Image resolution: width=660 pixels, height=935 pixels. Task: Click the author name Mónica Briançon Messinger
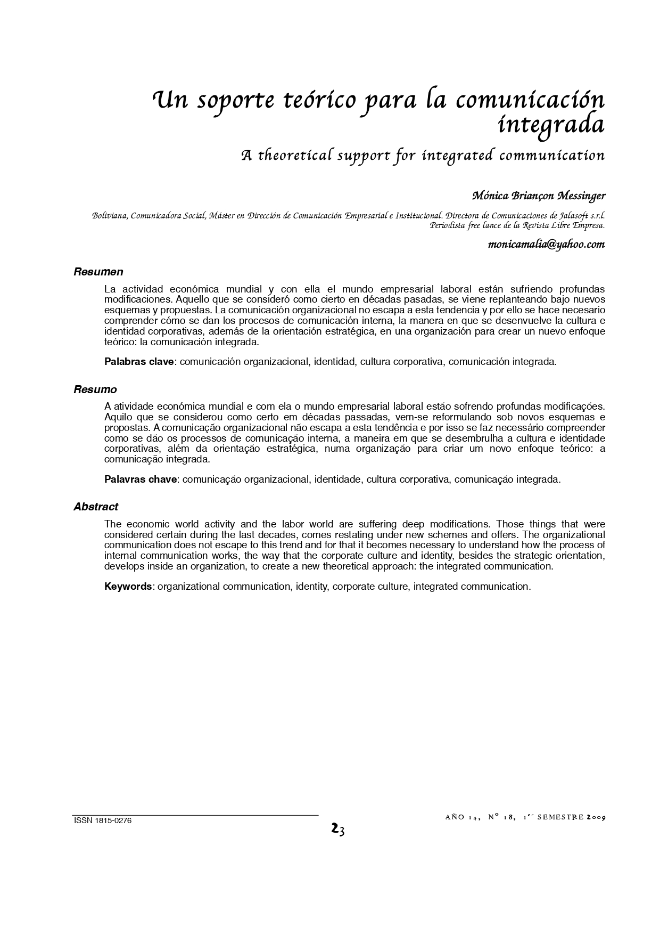[539, 196]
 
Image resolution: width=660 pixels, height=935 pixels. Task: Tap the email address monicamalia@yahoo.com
[546, 245]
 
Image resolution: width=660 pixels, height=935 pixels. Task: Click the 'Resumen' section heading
[98, 272]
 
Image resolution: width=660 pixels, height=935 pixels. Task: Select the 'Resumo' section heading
[95, 389]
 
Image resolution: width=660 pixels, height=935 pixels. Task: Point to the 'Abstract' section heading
[96, 507]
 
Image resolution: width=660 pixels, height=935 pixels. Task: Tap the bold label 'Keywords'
[128, 587]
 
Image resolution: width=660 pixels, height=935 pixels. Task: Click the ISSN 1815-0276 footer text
[102, 821]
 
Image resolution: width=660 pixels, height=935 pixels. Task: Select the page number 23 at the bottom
[337, 829]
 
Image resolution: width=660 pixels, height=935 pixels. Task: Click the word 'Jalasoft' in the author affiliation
[575, 216]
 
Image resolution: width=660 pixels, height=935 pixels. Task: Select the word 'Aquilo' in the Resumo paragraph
[119, 417]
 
